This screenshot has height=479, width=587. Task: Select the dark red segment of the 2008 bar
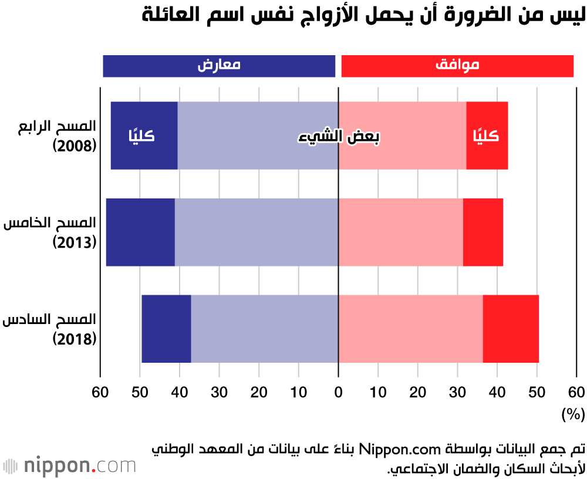(x=487, y=156)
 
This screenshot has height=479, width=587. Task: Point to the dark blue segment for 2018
(x=166, y=329)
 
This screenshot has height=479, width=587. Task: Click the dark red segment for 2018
(x=511, y=329)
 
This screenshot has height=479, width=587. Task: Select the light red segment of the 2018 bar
(x=410, y=329)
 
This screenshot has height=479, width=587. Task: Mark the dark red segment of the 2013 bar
(x=483, y=232)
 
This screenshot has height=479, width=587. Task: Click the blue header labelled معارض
(x=219, y=66)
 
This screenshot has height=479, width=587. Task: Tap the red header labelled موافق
(x=457, y=66)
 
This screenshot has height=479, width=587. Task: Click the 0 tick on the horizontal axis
(x=339, y=392)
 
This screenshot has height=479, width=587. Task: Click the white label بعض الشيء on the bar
(x=338, y=136)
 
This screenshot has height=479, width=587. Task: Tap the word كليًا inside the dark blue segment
(x=141, y=136)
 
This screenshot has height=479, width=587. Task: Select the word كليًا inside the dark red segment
(x=486, y=136)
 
